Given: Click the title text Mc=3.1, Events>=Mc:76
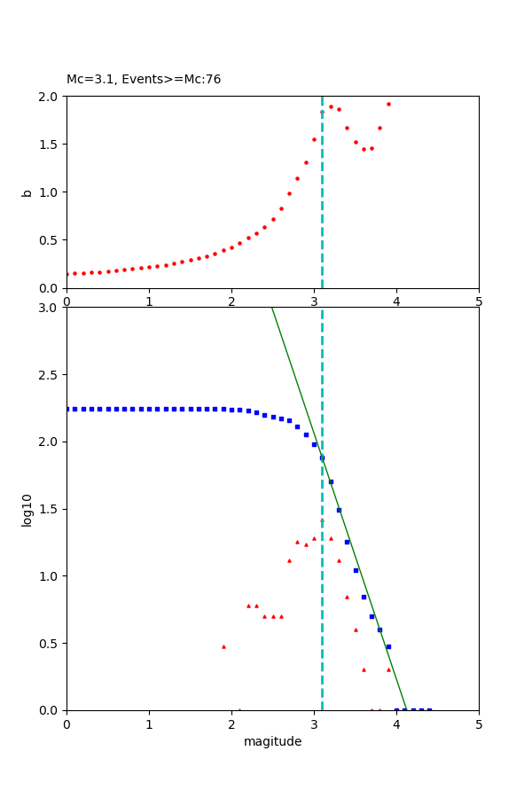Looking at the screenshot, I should pos(144,80).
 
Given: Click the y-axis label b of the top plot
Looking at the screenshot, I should pos(27,192).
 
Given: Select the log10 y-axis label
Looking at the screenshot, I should pos(27,509).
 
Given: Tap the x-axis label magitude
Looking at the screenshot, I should pos(272,741).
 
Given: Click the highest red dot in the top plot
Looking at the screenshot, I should pos(388,104).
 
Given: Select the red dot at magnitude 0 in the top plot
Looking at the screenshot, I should pos(66,274).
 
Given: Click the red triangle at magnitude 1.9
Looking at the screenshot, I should pos(223,646).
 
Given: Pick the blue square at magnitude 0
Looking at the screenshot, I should pos(66,409).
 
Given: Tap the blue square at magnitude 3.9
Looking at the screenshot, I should pos(388,646).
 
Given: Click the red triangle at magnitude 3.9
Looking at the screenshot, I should pos(388,669).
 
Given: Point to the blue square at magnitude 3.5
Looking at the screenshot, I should pos(356,570).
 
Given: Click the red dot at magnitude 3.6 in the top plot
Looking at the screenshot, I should pos(364,149).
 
